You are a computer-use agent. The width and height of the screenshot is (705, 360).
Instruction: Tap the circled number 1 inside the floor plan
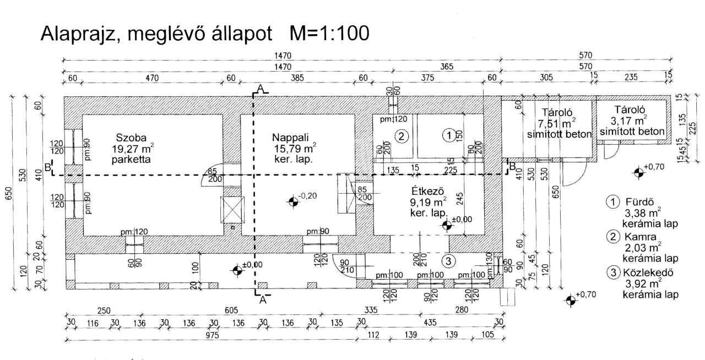pos(449,134)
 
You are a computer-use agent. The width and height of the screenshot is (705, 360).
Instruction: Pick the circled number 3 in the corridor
pos(449,260)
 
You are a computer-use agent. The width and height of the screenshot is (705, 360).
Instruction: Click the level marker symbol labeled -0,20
pos(292,201)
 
